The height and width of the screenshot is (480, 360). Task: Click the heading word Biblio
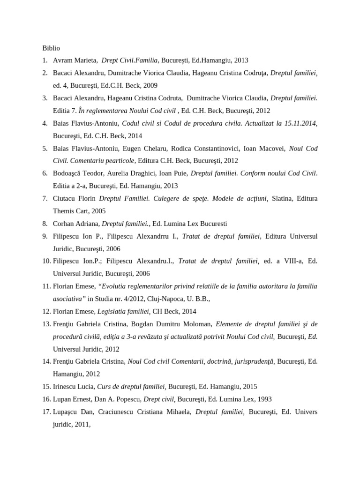point(51,48)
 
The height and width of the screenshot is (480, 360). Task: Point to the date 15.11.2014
point(299,123)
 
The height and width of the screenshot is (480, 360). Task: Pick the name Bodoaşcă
point(68,173)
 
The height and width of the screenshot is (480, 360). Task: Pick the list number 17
point(46,412)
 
